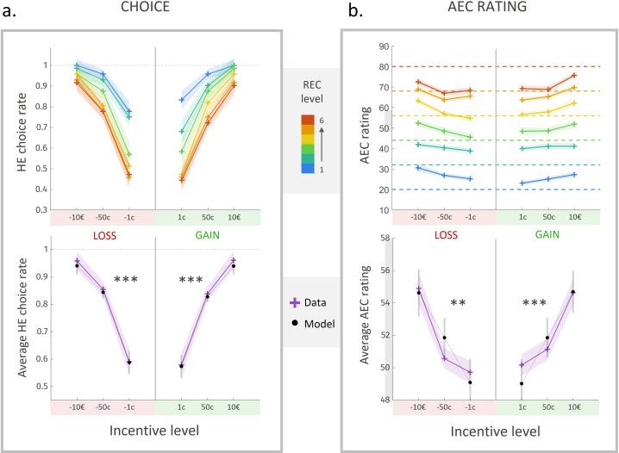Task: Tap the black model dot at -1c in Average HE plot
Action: tap(129, 362)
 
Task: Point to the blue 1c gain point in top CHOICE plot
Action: tap(181, 100)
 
